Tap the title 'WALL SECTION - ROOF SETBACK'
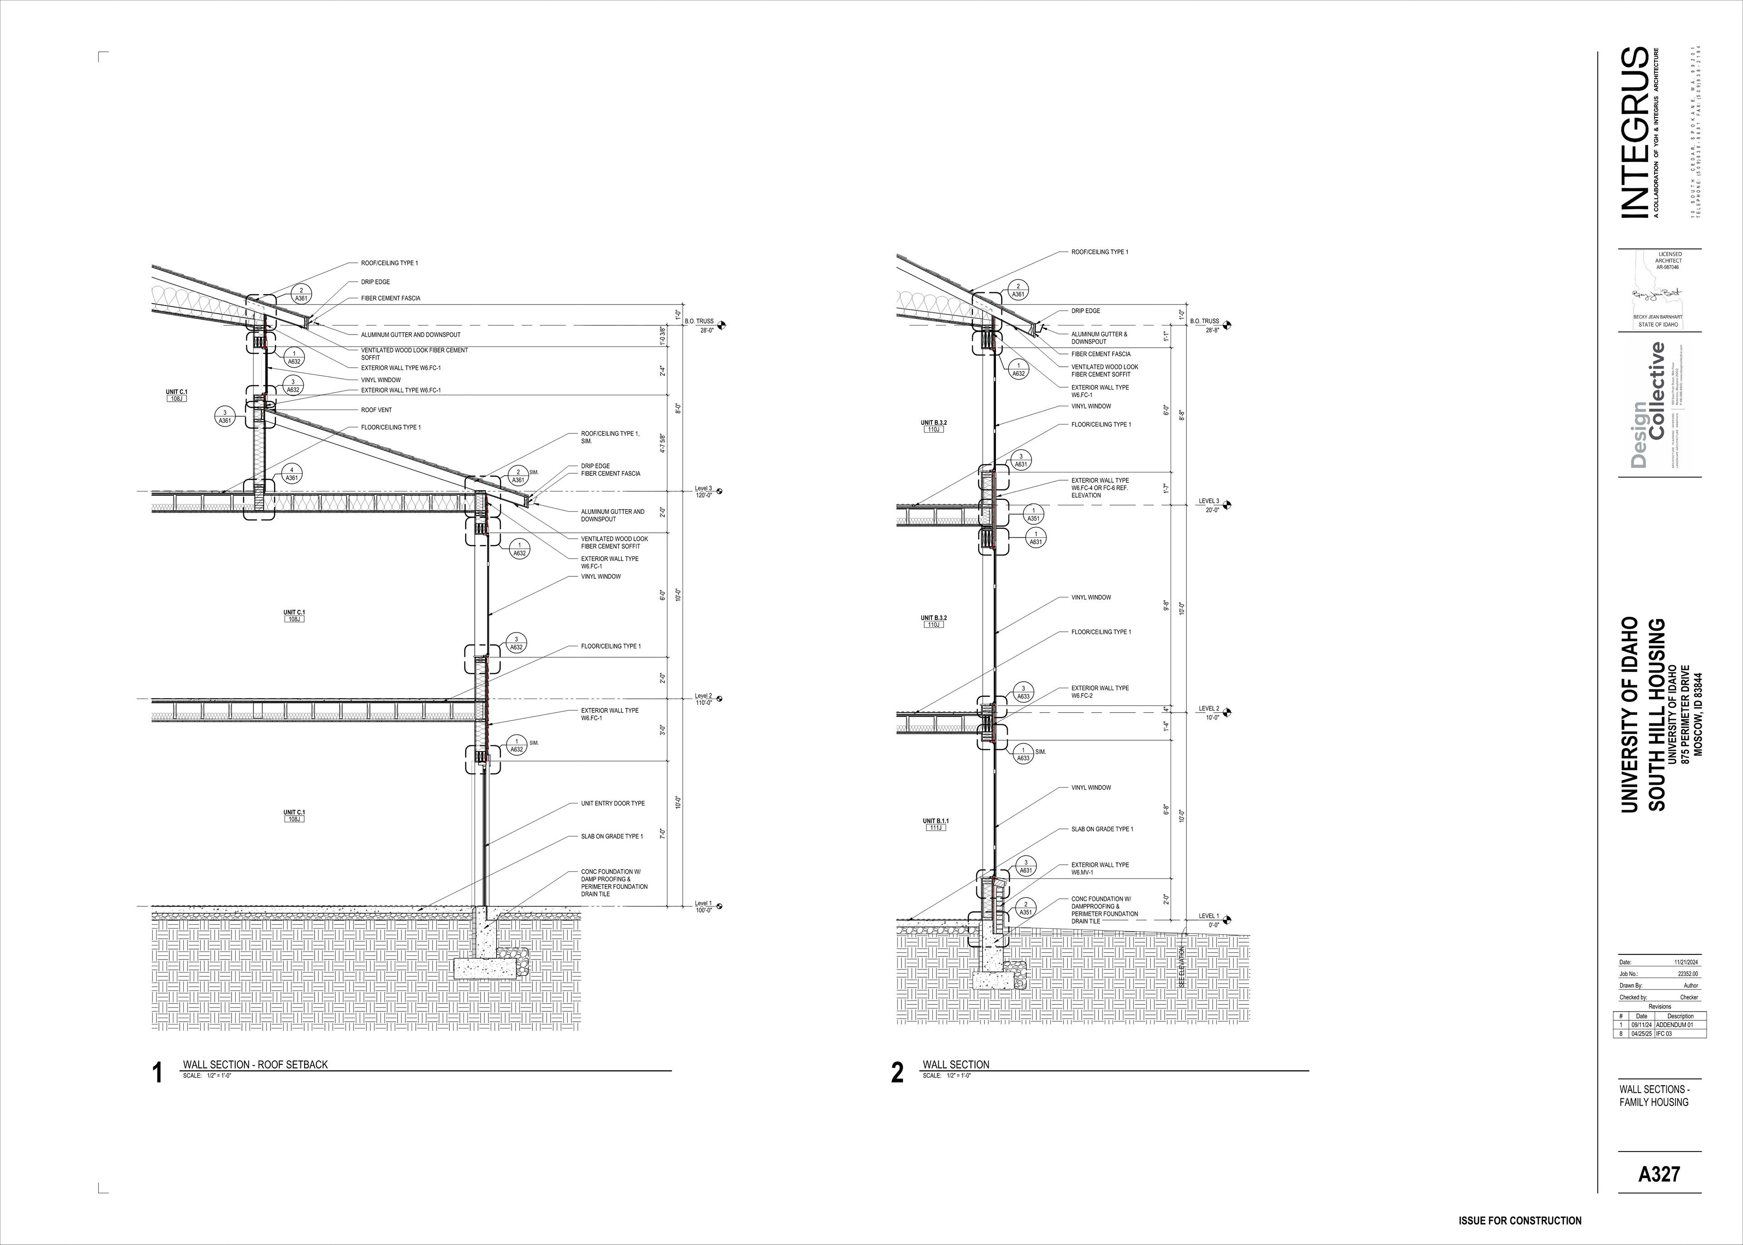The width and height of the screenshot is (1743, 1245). [255, 1064]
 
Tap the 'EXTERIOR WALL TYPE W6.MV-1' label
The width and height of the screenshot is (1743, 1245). [1100, 869]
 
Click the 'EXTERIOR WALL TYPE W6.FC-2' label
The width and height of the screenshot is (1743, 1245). [1100, 692]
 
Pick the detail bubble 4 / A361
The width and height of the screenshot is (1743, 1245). [291, 474]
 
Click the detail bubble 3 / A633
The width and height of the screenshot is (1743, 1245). [1023, 692]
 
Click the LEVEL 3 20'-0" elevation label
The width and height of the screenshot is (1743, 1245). [1210, 505]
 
